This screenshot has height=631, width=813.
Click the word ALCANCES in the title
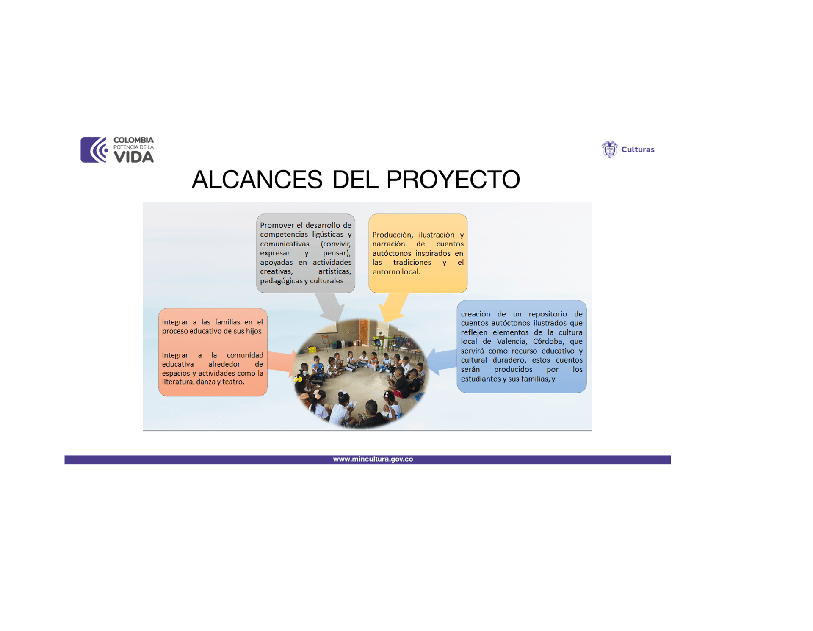[x=257, y=180]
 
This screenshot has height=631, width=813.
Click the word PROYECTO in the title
[x=453, y=180]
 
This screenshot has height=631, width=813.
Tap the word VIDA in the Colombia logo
[x=134, y=157]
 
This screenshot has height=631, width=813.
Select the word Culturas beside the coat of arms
[x=638, y=149]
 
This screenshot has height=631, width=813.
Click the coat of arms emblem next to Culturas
[x=610, y=149]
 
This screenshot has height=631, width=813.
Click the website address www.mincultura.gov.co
[x=373, y=459]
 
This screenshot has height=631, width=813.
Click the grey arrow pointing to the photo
[x=331, y=307]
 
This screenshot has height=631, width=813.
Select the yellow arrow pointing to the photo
[x=393, y=307]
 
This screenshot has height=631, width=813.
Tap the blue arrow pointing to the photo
[x=441, y=361]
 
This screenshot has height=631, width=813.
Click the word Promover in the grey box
[x=277, y=225]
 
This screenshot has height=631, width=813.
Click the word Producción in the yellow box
[x=392, y=235]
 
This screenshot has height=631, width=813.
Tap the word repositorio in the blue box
[x=548, y=314]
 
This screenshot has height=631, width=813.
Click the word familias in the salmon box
[x=227, y=322]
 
